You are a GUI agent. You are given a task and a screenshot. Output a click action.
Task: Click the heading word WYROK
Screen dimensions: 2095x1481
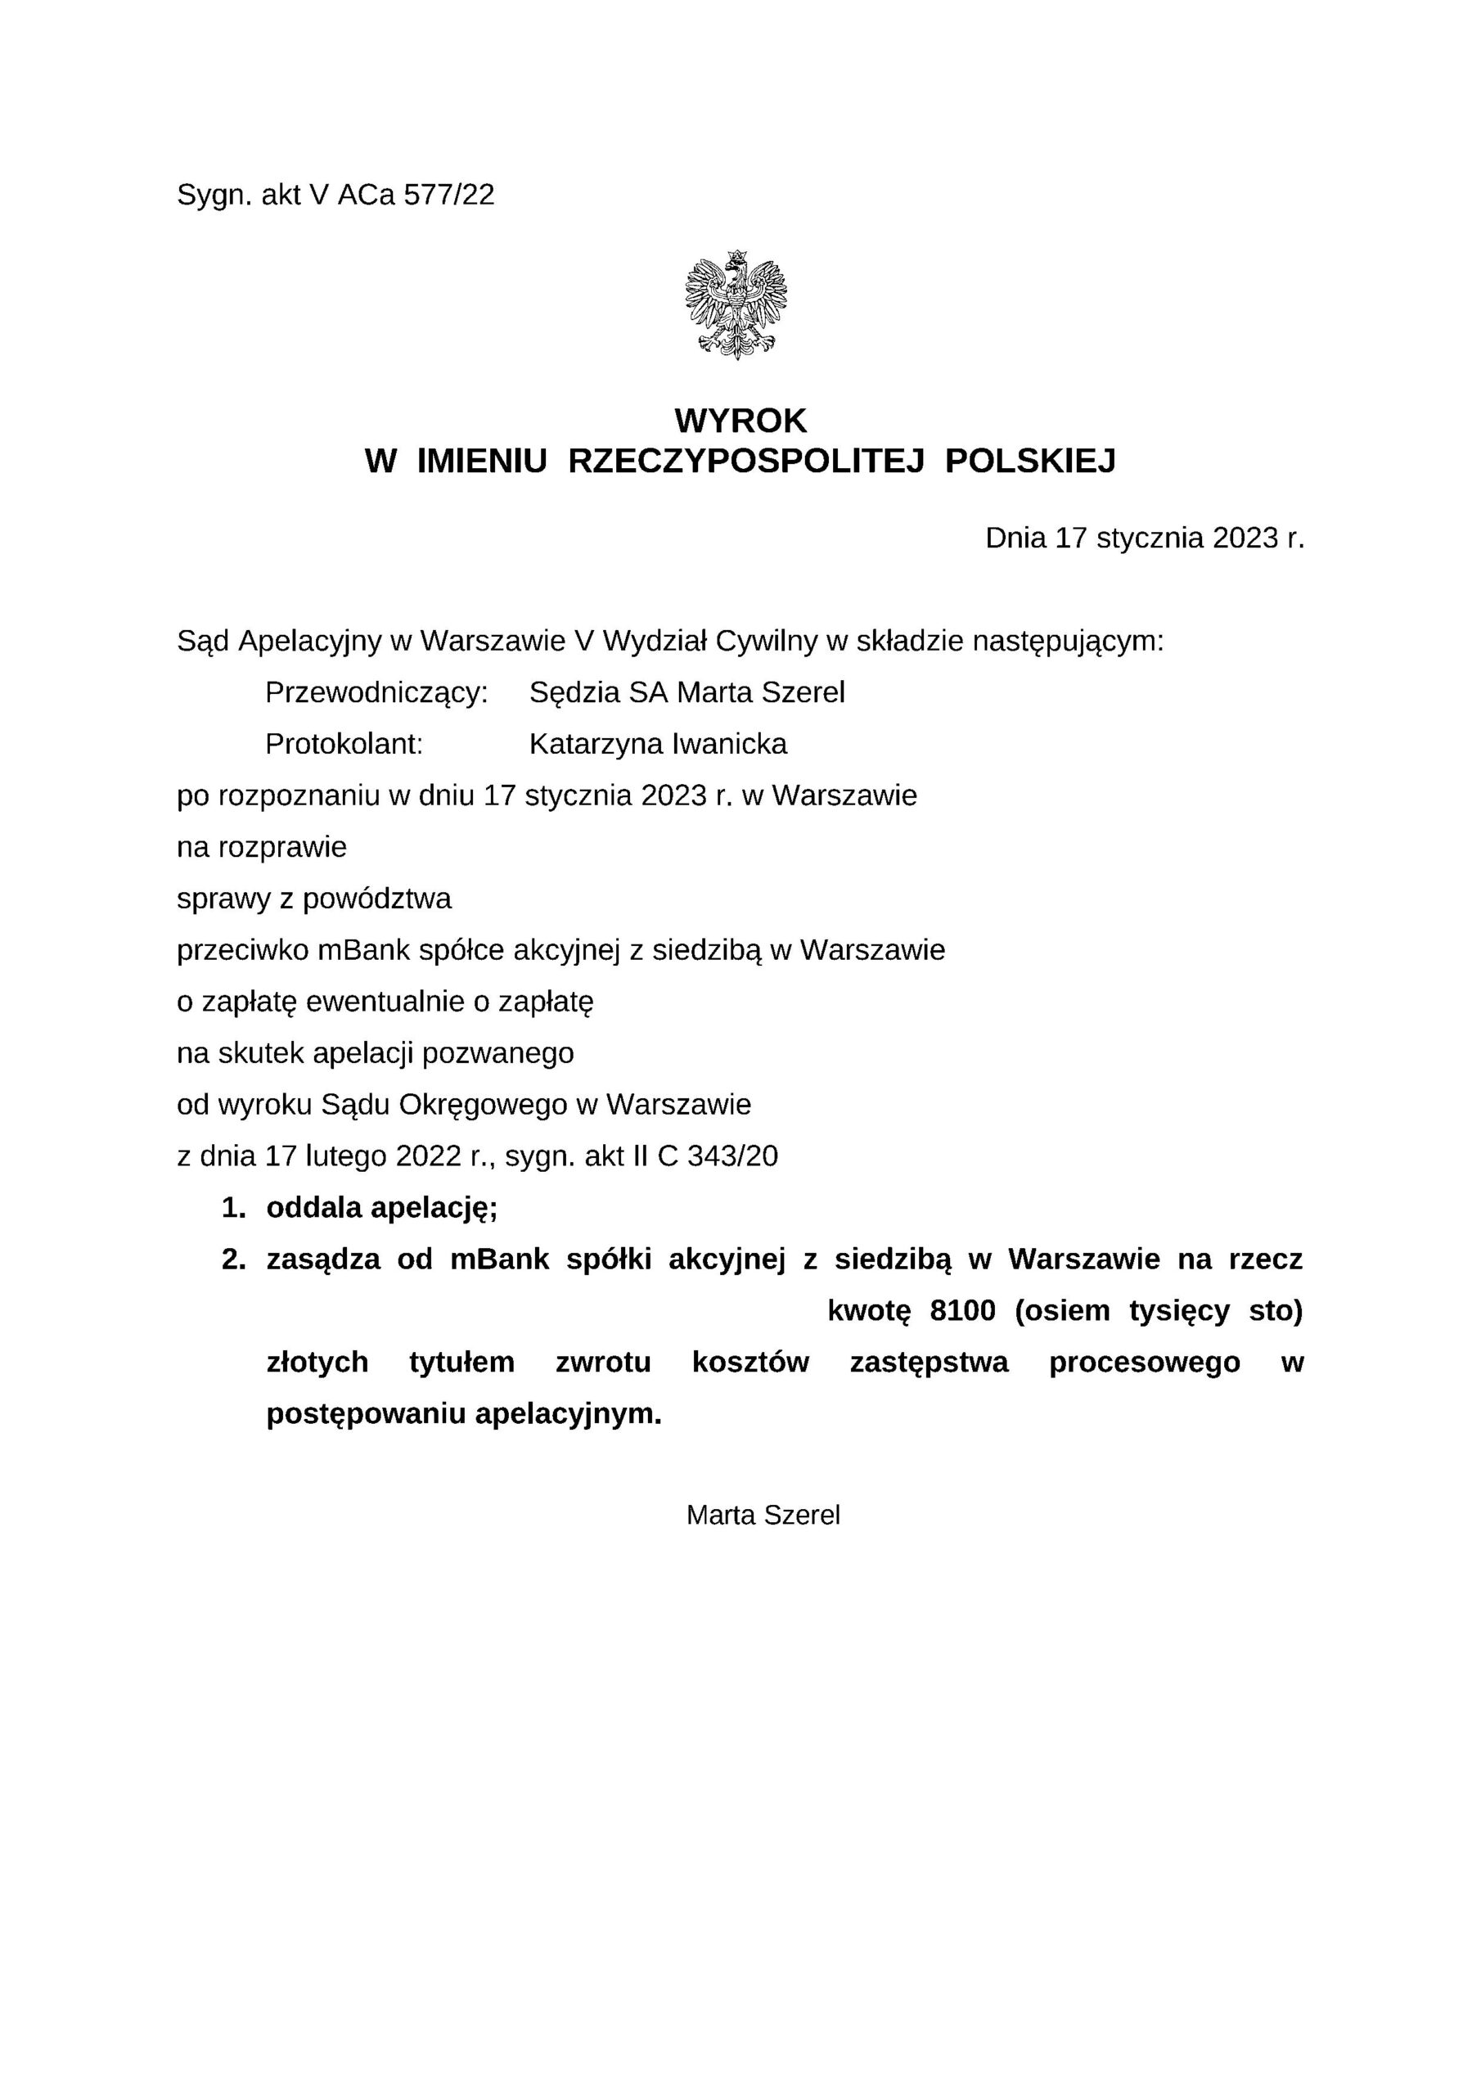[x=740, y=421]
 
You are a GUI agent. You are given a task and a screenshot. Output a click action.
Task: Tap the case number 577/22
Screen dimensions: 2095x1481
[x=449, y=194]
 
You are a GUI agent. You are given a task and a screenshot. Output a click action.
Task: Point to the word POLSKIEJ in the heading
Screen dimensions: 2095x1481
[x=1030, y=462]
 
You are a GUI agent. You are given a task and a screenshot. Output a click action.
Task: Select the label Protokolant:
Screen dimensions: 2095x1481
[x=344, y=745]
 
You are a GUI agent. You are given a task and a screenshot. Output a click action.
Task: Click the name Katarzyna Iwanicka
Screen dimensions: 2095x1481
[x=658, y=745]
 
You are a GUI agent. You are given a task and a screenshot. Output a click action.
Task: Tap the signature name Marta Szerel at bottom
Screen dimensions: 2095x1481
[x=763, y=1516]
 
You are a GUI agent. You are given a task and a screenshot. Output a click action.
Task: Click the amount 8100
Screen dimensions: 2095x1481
[x=963, y=1311]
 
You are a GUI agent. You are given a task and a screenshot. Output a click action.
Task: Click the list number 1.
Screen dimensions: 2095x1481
[x=233, y=1209]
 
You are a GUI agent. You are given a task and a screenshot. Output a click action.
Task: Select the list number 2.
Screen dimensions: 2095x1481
[x=233, y=1260]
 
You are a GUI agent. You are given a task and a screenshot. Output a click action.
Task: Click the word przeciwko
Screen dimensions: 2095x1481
[x=243, y=951]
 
